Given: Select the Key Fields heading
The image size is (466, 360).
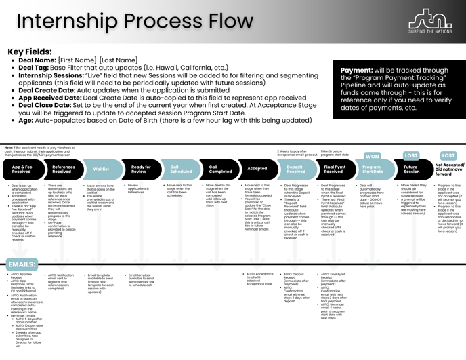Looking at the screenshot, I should click(x=30, y=52).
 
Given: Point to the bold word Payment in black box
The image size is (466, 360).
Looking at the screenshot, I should click(x=356, y=70).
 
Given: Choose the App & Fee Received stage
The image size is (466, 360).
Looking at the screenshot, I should click(x=22, y=169).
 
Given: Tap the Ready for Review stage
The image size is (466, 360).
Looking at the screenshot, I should click(x=141, y=169).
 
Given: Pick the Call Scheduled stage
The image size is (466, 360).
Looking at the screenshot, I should click(x=180, y=169).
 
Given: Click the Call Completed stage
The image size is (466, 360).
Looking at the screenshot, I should click(x=219, y=169).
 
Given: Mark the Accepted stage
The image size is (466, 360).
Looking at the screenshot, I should click(x=257, y=169).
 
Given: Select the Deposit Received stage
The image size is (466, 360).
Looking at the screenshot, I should click(x=295, y=169).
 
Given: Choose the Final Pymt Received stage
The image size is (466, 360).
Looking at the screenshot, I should click(x=334, y=169).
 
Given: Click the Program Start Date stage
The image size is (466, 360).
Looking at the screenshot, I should click(x=373, y=169).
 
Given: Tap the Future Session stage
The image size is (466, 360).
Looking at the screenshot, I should click(x=411, y=169).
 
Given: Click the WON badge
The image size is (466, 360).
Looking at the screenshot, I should click(x=373, y=156).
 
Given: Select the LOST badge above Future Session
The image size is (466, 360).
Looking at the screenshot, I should click(x=411, y=155).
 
